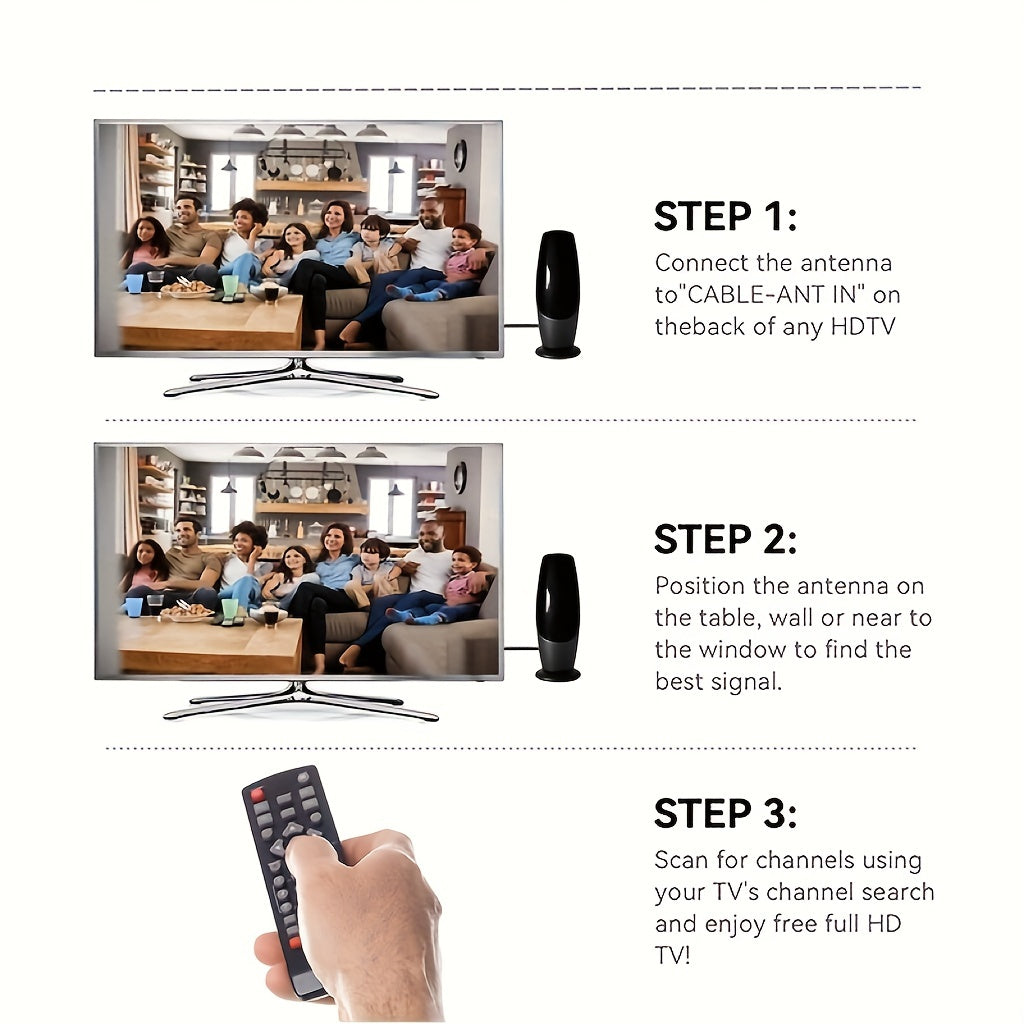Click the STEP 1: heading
[726, 217]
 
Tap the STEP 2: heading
[726, 539]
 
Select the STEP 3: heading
[726, 814]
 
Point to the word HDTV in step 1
[863, 327]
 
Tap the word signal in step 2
[746, 682]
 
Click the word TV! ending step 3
[673, 955]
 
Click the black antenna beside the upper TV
[558, 294]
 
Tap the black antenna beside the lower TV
[557, 617]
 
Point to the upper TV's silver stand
[300, 379]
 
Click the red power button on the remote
[257, 795]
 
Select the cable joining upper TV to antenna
[520, 325]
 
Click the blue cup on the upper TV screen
[135, 283]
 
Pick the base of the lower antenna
[558, 675]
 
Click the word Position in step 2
[699, 586]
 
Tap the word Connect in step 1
[701, 263]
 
